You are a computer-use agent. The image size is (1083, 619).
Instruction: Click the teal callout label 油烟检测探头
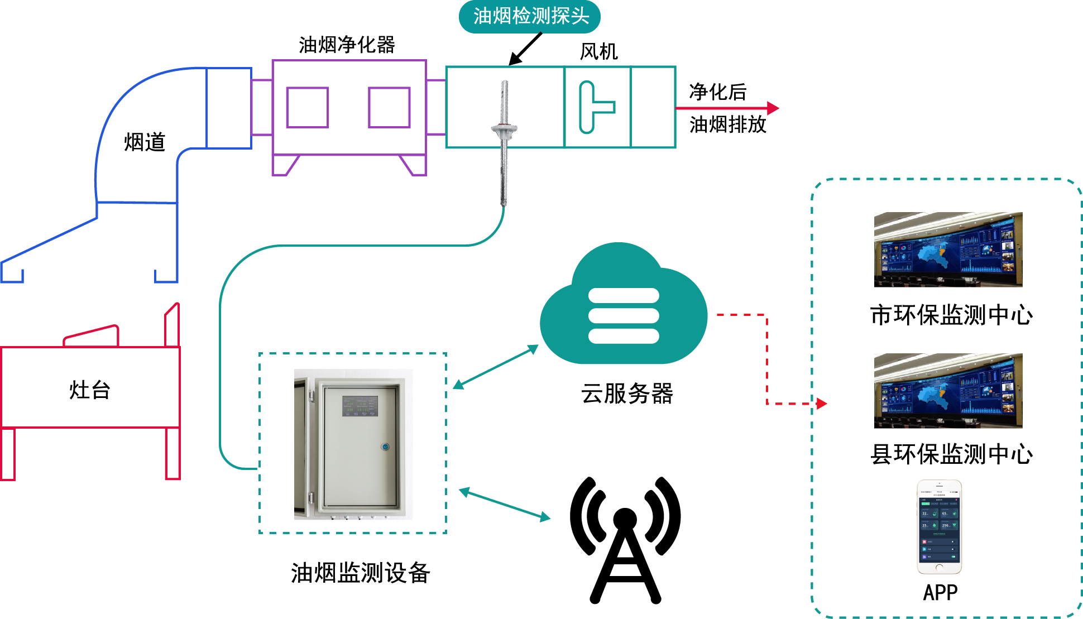pos(530,17)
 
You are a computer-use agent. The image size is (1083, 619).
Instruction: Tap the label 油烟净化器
pos(347,45)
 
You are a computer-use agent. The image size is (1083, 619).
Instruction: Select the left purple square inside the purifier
pos(307,107)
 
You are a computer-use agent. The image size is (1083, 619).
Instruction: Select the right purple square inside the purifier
pos(389,107)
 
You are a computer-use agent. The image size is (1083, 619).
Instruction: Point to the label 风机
pos(598,52)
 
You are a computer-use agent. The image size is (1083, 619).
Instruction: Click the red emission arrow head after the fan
pos(773,108)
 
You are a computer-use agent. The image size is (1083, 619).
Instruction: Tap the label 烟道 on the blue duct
pos(145,142)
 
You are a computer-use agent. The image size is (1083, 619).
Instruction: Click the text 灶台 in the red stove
pos(90,390)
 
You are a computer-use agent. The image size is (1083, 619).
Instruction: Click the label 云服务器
pos(627,394)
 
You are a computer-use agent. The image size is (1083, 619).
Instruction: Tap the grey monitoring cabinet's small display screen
pos(360,406)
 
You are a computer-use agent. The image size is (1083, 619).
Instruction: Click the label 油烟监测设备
pos(360,573)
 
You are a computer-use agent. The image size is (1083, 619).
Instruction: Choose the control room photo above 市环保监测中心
pos(948,249)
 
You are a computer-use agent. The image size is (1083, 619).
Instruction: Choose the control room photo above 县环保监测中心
pos(948,391)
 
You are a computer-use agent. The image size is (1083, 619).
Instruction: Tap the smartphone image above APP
pos(939,527)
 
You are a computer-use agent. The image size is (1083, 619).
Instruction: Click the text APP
pos(940,593)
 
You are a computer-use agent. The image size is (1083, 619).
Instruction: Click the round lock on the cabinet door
pos(385,447)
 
